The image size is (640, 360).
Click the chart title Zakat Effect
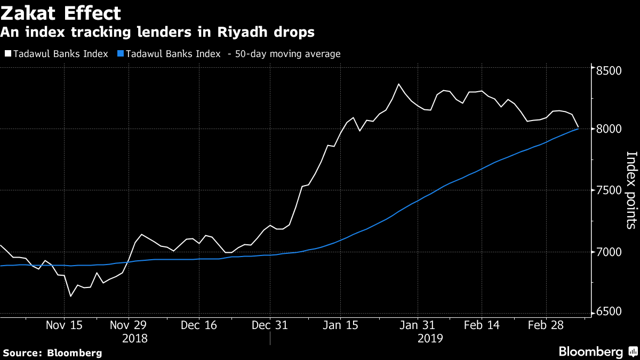[61, 13]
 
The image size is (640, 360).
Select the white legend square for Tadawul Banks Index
[8, 53]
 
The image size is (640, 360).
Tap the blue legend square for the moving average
[121, 53]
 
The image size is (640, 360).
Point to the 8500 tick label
[609, 70]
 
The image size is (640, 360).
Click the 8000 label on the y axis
[609, 129]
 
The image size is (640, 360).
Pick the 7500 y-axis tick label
[609, 190]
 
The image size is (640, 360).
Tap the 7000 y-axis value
[609, 252]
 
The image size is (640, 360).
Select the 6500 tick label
[609, 311]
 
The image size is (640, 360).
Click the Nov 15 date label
[64, 325]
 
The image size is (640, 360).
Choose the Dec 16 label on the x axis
[199, 325]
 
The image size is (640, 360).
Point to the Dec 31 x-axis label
[270, 325]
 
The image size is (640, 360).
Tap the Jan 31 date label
[417, 325]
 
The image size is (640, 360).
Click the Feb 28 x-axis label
[546, 325]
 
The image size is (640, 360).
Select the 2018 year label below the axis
[135, 339]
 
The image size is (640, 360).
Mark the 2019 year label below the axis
[430, 339]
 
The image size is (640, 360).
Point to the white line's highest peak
[398, 84]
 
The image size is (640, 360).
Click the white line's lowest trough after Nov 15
[70, 297]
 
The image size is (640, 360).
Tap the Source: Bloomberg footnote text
[52, 353]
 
